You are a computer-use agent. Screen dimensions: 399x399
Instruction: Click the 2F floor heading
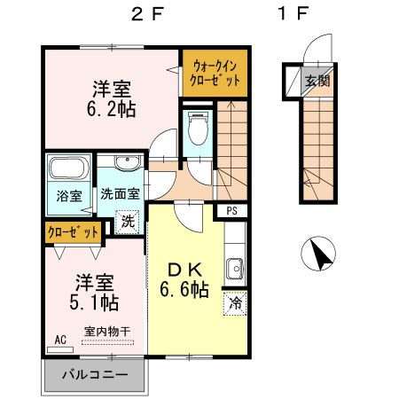click(146, 14)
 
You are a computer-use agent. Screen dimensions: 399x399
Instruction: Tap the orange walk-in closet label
click(214, 72)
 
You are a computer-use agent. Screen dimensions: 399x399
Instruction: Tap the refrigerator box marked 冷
click(234, 301)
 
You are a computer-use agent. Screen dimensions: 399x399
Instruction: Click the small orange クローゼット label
click(74, 232)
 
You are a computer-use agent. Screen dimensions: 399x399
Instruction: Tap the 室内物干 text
click(107, 332)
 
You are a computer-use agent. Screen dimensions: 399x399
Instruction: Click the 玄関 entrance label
click(318, 81)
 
